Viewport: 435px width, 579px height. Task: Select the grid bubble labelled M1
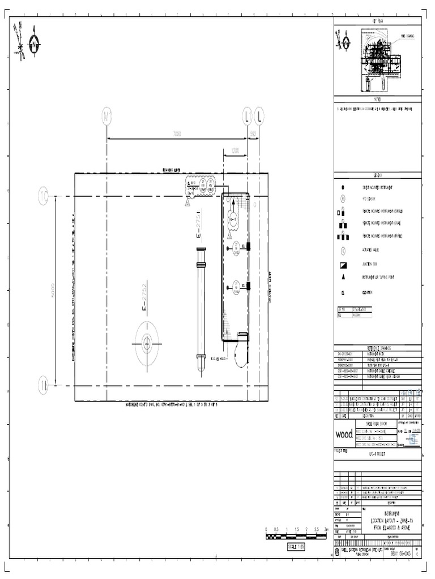coord(107,116)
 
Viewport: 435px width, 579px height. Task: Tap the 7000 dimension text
coord(177,134)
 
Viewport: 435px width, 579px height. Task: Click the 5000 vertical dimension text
coord(54,291)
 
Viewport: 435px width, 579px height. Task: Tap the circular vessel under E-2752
coord(147,343)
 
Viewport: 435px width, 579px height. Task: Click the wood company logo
coord(344,434)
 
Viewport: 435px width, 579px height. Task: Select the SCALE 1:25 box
coord(296,547)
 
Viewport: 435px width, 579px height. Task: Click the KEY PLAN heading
coord(377,20)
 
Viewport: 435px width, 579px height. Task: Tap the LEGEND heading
coord(377,175)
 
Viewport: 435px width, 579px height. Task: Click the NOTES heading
coord(377,99)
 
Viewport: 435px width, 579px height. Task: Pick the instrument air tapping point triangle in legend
coord(343,277)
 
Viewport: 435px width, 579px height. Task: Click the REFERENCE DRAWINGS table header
coord(377,348)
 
